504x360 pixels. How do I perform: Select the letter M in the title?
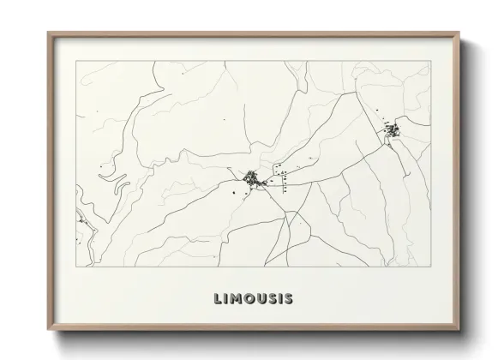(x=235, y=299)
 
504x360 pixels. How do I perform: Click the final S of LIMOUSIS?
(x=288, y=299)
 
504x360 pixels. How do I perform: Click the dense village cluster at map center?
(x=252, y=179)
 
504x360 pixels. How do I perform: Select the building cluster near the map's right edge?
(x=393, y=131)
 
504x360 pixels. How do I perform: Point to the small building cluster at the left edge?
(x=83, y=222)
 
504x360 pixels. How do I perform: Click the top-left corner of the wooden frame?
(x=49, y=33)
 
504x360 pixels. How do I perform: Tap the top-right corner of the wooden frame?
(x=459, y=33)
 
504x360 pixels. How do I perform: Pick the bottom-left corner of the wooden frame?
(x=49, y=333)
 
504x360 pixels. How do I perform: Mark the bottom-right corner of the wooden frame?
(x=459, y=333)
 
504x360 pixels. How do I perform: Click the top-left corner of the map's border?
(x=75, y=61)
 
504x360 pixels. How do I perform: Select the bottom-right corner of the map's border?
(x=430, y=267)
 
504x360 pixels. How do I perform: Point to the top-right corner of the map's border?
(x=430, y=61)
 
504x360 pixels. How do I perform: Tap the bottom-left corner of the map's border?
(x=75, y=267)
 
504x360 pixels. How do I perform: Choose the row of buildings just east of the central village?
(x=279, y=176)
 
